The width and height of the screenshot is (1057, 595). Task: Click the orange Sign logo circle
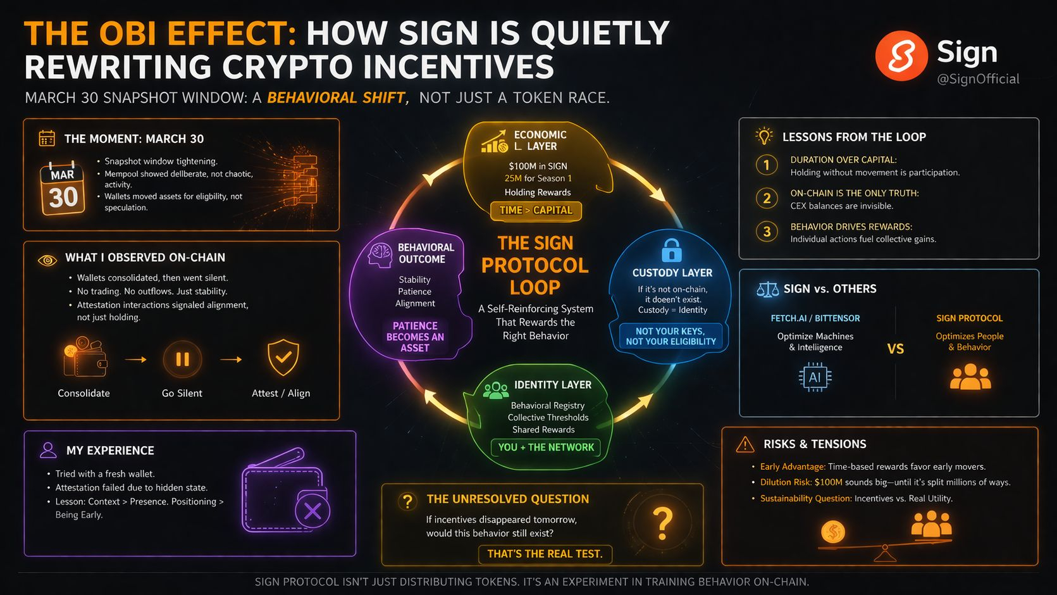coord(901,56)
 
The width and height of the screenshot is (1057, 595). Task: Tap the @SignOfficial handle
coord(978,79)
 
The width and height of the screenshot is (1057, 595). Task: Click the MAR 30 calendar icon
coord(63,189)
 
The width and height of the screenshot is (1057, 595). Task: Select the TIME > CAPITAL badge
coord(536,210)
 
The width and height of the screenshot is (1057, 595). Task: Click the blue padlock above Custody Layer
coord(671,251)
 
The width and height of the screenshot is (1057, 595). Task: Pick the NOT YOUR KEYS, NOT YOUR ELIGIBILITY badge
coord(671,336)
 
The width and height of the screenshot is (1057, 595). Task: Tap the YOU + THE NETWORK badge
coord(545,448)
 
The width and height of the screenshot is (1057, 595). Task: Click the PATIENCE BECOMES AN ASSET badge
coord(415,337)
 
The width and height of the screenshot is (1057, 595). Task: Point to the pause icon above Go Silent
coord(182,359)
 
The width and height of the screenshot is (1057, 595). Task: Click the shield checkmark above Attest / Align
coord(283,358)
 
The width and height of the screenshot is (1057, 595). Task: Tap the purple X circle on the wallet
coord(312,511)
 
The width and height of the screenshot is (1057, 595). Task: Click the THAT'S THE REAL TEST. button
coord(545,554)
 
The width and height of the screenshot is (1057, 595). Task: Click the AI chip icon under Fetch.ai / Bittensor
coord(815,378)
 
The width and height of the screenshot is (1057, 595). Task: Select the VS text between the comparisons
coord(895,349)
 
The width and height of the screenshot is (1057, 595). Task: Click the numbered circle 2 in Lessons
coord(767,199)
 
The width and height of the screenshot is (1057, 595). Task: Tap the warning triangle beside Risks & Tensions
coord(745,444)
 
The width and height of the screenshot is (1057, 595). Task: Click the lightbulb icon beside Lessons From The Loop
coord(765,136)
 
